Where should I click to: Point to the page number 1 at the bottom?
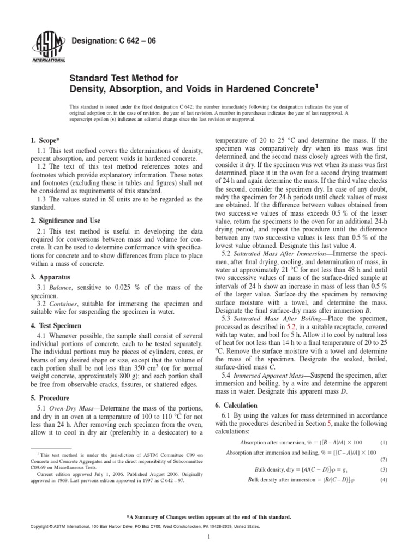click(x=209, y=550)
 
